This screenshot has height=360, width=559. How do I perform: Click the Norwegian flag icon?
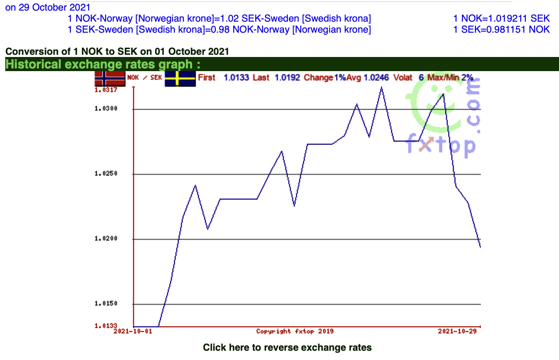(110, 78)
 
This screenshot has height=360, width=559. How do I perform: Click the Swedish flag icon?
(180, 79)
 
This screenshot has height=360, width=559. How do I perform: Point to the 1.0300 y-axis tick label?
(106, 109)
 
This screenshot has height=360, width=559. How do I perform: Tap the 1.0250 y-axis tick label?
(106, 174)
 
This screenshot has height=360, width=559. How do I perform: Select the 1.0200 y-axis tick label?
(106, 239)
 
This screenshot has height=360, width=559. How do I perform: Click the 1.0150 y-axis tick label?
(106, 304)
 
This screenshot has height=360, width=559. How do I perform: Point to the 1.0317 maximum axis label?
(106, 90)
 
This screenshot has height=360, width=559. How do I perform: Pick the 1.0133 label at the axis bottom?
(106, 326)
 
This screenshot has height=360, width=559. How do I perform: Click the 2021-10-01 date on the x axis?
(133, 331)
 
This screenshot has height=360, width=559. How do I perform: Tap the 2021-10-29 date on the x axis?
(457, 331)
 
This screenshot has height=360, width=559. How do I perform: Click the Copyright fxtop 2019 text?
(295, 331)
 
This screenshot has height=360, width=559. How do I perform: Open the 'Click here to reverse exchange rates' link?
(287, 348)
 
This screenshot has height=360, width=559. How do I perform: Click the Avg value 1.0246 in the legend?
(376, 78)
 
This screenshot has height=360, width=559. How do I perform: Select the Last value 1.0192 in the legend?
(287, 78)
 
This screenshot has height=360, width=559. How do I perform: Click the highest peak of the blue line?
(381, 87)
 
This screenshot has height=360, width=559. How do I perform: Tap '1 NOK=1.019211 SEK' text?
(501, 19)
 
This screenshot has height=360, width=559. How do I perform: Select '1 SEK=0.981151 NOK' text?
(501, 30)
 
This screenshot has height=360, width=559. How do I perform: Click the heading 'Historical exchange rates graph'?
(103, 64)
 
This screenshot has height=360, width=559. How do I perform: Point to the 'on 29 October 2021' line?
(48, 8)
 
